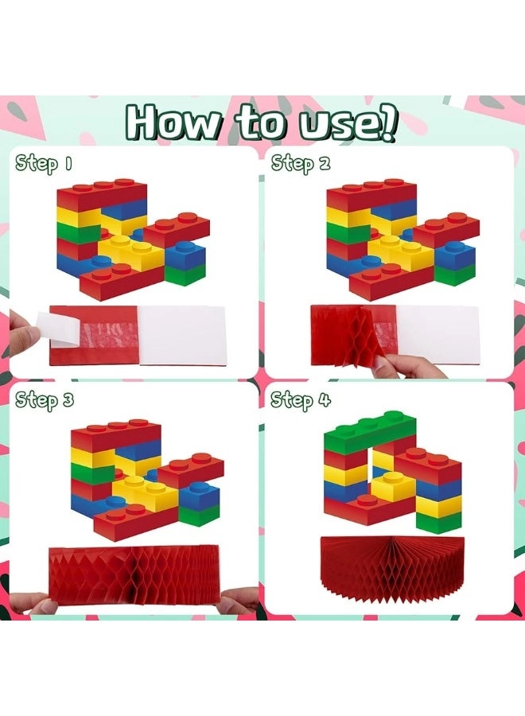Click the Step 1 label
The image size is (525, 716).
44,165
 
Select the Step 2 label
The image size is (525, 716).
300,165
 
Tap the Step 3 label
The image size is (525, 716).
45,399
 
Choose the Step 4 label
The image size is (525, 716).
301,399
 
